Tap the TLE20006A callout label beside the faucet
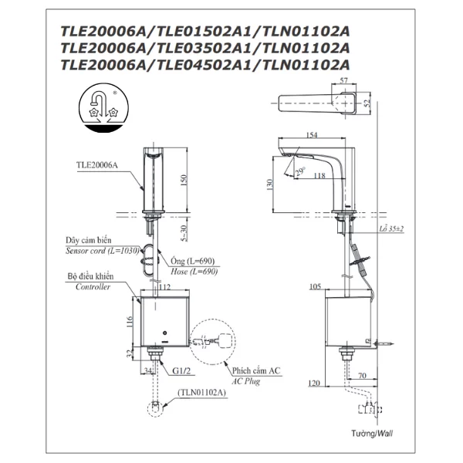click(x=98, y=164)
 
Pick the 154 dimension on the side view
click(x=312, y=136)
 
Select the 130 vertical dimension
click(x=268, y=184)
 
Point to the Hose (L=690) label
click(x=192, y=272)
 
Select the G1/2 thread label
click(x=180, y=370)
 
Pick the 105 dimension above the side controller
click(x=315, y=286)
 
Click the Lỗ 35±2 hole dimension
click(x=393, y=230)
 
